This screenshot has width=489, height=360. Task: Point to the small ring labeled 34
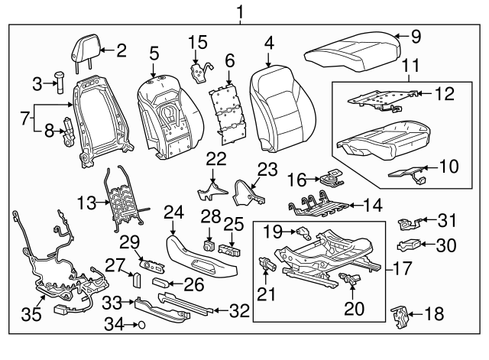[138, 324]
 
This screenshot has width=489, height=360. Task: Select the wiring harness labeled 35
[53, 268]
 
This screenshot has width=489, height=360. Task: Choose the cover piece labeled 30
[411, 245]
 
